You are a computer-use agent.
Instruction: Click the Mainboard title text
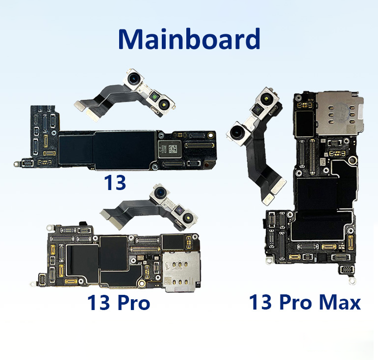coord(189,39)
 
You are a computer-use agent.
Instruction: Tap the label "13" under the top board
coord(115,183)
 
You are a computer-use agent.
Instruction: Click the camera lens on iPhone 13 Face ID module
coord(133,78)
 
